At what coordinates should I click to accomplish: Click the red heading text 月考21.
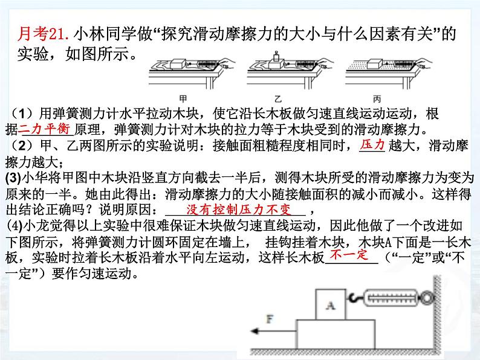coord(45,35)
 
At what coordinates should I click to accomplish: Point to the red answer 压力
coord(372,144)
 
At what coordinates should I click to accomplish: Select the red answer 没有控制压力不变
coord(239,210)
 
